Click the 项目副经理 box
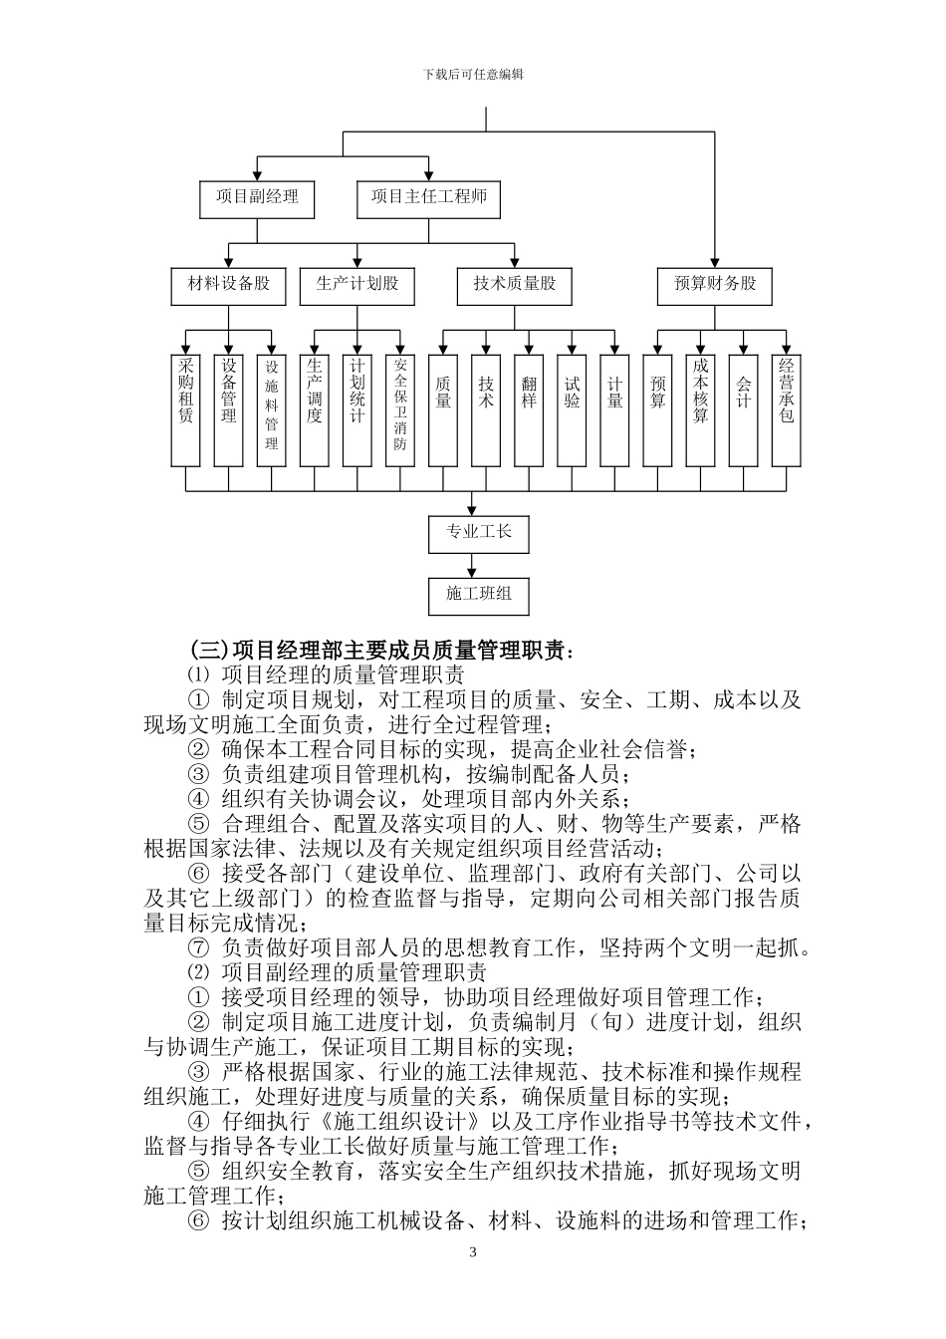(257, 198)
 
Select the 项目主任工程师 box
(428, 198)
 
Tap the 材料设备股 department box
(229, 285)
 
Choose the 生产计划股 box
(356, 285)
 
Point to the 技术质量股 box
(514, 285)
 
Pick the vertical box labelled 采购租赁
(186, 409)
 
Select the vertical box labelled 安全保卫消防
(400, 409)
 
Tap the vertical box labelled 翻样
(529, 409)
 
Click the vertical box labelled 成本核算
(700, 409)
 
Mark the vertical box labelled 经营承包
(786, 409)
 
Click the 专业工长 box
(478, 533)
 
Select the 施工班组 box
(478, 595)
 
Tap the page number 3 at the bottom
(473, 1252)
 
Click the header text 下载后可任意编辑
(473, 75)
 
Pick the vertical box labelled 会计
(743, 409)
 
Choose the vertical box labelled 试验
(572, 409)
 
